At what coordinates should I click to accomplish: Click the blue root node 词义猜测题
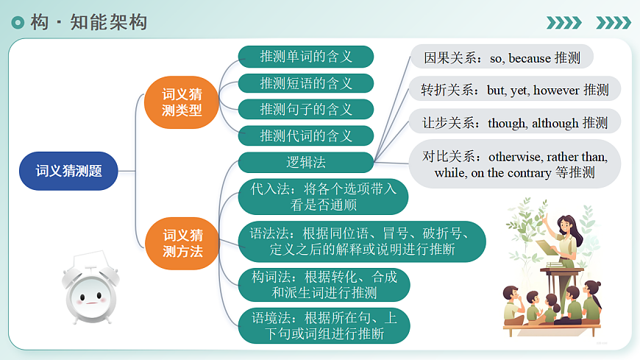pyautogui.click(x=68, y=171)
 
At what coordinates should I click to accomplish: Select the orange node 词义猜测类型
pyautogui.click(x=182, y=102)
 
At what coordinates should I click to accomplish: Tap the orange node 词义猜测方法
pyautogui.click(x=182, y=243)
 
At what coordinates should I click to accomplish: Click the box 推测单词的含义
pyautogui.click(x=306, y=57)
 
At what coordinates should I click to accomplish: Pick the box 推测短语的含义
pyautogui.click(x=306, y=83)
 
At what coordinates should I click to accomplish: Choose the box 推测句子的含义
pyautogui.click(x=306, y=110)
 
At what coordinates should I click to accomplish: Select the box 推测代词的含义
pyautogui.click(x=306, y=136)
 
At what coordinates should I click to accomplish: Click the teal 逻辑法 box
pyautogui.click(x=306, y=162)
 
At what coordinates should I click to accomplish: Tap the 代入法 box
pyautogui.click(x=323, y=197)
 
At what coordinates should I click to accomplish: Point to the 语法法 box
pyautogui.click(x=362, y=241)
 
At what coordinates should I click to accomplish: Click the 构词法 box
pyautogui.click(x=324, y=285)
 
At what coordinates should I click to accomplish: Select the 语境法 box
pyautogui.click(x=324, y=325)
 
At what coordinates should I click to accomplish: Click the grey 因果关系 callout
pyautogui.click(x=501, y=57)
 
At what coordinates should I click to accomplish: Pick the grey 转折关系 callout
pyautogui.click(x=514, y=90)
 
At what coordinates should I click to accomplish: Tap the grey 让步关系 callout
pyautogui.click(x=514, y=122)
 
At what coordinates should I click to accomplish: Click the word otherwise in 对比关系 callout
pyautogui.click(x=516, y=156)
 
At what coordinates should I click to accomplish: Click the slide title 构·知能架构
pyautogui.click(x=88, y=23)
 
